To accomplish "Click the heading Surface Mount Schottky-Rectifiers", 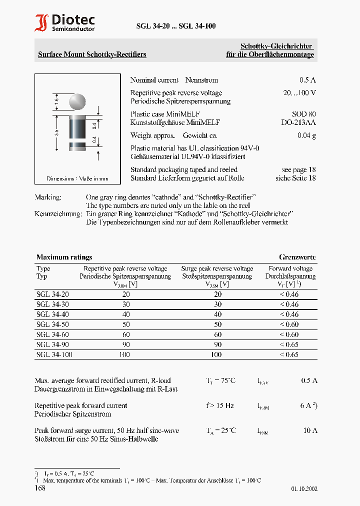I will (x=92, y=54).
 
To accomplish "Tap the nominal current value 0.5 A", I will (x=307, y=80).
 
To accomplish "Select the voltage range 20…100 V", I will (x=299, y=93).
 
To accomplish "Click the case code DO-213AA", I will (x=298, y=122).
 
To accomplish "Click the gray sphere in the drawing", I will (x=77, y=102).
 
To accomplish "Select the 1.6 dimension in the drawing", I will (x=56, y=100).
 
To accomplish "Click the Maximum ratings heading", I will (x=64, y=257).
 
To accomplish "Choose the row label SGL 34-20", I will (x=49, y=294).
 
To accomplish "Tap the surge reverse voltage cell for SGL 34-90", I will (x=216, y=344).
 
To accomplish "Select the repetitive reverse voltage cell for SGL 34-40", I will (x=125, y=314).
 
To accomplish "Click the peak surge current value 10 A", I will (x=310, y=430).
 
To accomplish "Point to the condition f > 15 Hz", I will (x=219, y=405).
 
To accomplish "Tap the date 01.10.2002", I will (x=304, y=489).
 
